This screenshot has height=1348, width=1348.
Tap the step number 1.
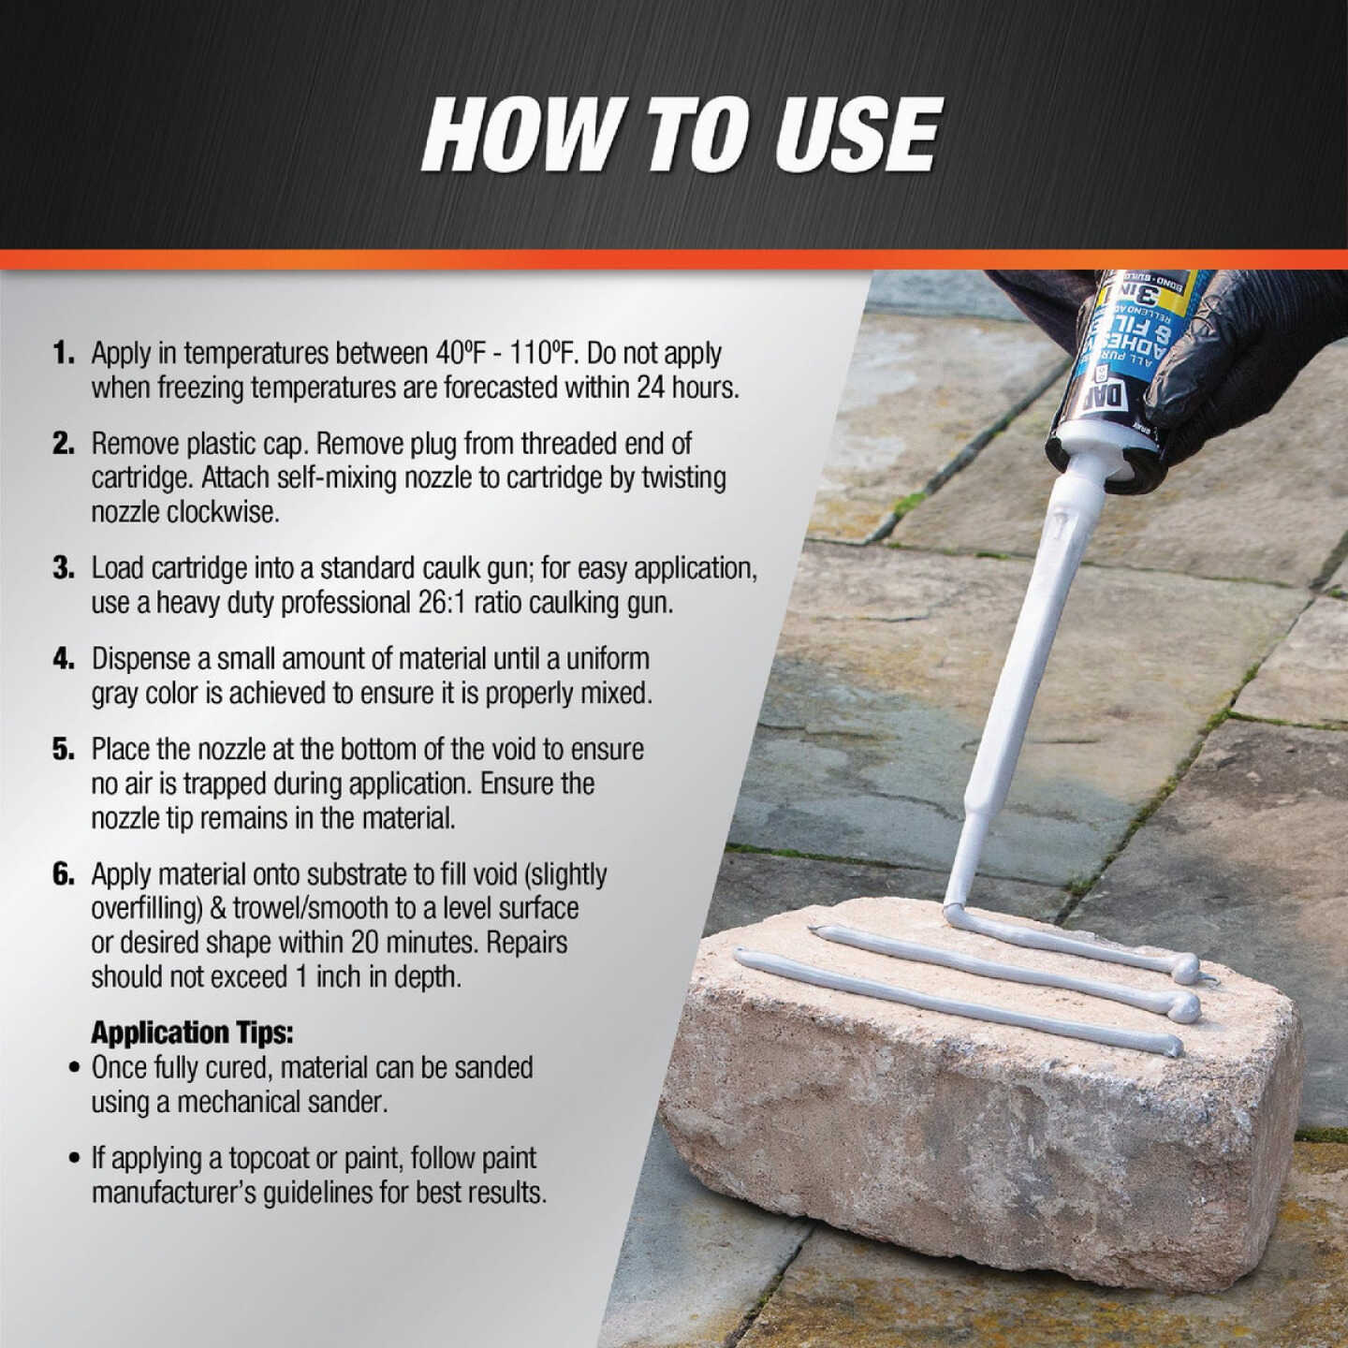(x=64, y=353)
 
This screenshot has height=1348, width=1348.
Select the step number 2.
(x=64, y=443)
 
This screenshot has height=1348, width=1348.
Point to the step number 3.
(x=64, y=568)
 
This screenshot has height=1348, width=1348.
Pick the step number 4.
(x=64, y=658)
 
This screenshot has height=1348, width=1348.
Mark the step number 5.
(x=64, y=749)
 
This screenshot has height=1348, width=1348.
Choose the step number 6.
(x=64, y=873)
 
